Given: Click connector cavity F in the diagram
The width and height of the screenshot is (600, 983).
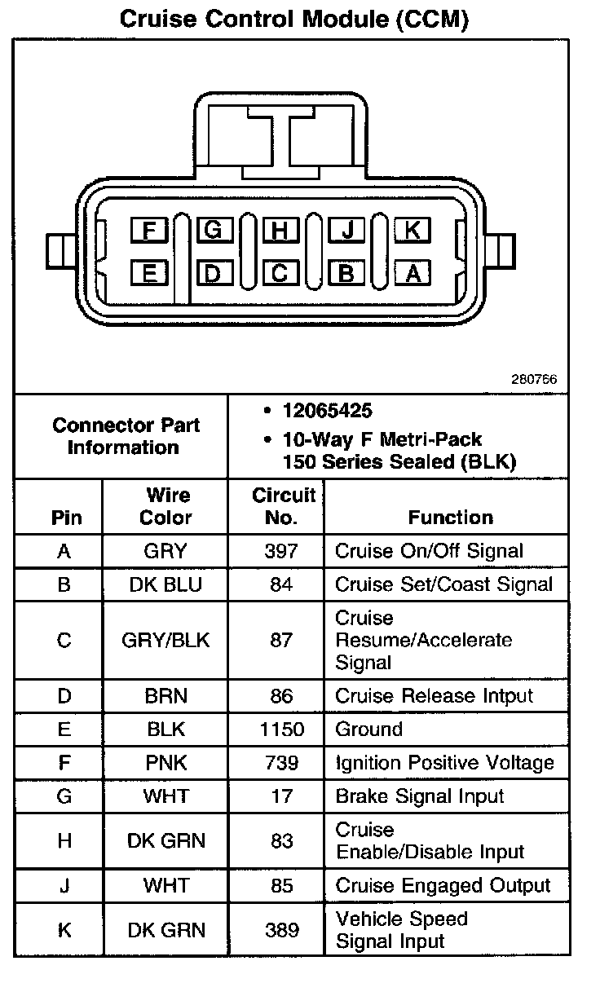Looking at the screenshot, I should pos(149,231).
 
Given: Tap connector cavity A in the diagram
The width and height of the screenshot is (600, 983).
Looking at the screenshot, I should pos(412,273).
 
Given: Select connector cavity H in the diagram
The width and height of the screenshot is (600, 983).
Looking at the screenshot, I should pos(280,231).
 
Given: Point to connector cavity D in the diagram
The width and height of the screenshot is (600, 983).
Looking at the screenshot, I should pos(213,273).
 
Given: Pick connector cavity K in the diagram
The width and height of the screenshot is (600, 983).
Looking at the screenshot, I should pos(412,231).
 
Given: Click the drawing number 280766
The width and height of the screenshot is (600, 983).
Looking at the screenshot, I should pos(534,379).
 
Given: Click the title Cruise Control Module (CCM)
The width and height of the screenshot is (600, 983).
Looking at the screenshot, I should pos(294,20).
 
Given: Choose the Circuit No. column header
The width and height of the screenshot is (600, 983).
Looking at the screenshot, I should pos(283,506).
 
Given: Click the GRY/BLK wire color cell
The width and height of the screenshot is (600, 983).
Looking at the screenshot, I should pos(165,640).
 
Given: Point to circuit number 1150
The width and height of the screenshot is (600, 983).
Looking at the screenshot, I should pos(281,730).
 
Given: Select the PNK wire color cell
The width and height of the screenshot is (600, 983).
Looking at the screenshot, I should pos(165,763).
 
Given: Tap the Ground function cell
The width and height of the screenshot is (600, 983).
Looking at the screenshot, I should pos(369,730).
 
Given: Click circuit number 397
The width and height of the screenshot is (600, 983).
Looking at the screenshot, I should pos(281,551).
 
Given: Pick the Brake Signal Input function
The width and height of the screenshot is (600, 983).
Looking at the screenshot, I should pos(420,796).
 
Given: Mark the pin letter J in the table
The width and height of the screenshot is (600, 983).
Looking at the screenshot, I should pos(64,885).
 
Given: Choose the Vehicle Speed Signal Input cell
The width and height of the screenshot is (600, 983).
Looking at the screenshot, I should pos(401,930).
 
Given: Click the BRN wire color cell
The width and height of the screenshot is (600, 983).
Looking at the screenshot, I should pos(165,696).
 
